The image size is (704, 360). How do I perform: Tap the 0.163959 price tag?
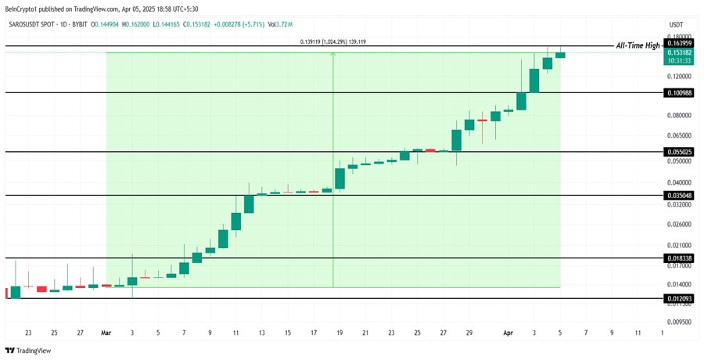tap(677, 44)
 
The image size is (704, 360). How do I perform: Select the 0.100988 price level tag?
tap(677, 93)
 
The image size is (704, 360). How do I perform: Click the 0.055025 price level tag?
tap(677, 151)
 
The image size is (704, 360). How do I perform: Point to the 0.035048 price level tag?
tap(677, 195)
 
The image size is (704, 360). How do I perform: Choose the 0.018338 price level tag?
tap(677, 257)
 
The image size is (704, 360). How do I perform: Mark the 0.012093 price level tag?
tap(677, 298)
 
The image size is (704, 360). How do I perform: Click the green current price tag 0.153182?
tap(677, 52)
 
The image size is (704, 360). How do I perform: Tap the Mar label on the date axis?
tap(106, 333)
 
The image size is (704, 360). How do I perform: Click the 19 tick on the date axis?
tap(340, 333)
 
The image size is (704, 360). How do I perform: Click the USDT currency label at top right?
tap(677, 24)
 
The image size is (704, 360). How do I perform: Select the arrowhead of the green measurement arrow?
tap(333, 55)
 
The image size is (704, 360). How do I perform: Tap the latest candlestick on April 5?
tap(560, 55)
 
